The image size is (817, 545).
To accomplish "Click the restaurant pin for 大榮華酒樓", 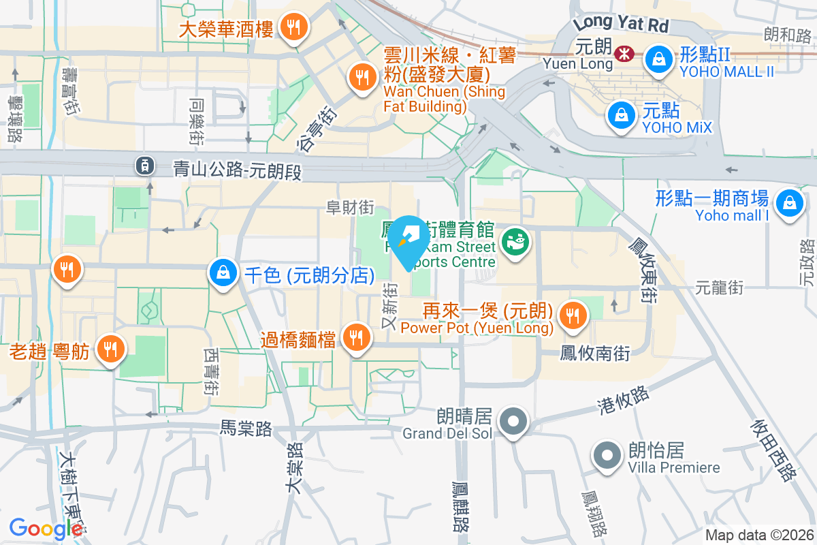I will point(293,28).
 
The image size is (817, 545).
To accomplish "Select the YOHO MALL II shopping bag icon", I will point(658,59).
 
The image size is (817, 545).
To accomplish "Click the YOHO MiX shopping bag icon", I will point(622,114).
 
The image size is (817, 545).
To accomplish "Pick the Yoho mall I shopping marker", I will point(788,202).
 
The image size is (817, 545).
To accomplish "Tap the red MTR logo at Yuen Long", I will point(622,53).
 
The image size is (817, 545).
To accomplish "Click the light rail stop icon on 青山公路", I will point(144,164).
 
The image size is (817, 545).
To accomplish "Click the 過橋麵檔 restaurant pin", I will point(355,336).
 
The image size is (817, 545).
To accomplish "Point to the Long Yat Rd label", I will point(621,24).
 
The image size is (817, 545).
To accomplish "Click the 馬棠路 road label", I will point(246,428).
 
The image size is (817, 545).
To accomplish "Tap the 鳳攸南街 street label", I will point(594,353).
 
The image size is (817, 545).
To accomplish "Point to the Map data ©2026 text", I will point(759,535).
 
